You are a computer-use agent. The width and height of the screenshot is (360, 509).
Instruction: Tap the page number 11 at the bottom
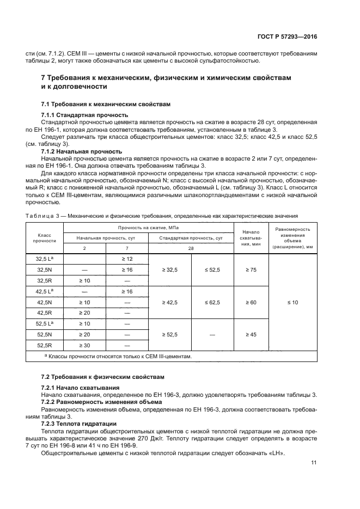point(314,463)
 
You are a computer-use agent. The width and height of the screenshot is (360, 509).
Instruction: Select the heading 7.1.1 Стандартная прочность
point(84,115)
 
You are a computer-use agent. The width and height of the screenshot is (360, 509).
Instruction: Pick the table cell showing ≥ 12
point(127,259)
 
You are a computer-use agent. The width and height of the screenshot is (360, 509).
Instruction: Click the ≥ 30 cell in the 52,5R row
point(84,345)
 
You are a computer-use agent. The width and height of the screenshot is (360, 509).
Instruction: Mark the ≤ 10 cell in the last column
point(292,302)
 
